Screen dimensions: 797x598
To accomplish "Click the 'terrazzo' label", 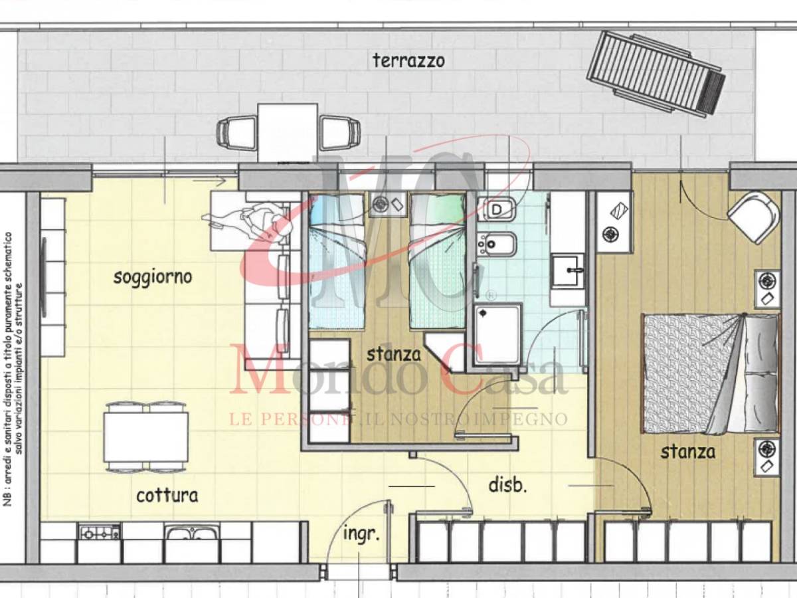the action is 408,60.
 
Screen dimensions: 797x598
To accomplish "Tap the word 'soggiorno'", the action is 153,277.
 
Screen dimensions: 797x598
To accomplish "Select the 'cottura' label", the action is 167,496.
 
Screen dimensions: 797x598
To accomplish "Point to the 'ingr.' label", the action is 362,535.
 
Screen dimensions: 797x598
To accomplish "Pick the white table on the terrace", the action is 288,132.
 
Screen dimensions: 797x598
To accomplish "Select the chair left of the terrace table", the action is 236,132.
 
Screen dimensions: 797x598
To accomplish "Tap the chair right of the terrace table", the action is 340,132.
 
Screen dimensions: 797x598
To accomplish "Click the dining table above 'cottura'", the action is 146,437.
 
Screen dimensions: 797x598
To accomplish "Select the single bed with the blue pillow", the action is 337,261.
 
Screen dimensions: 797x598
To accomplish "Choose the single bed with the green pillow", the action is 438,261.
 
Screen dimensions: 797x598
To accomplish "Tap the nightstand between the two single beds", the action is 387,205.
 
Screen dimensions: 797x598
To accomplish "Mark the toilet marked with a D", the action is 496,209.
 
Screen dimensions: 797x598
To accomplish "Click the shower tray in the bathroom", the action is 498,334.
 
